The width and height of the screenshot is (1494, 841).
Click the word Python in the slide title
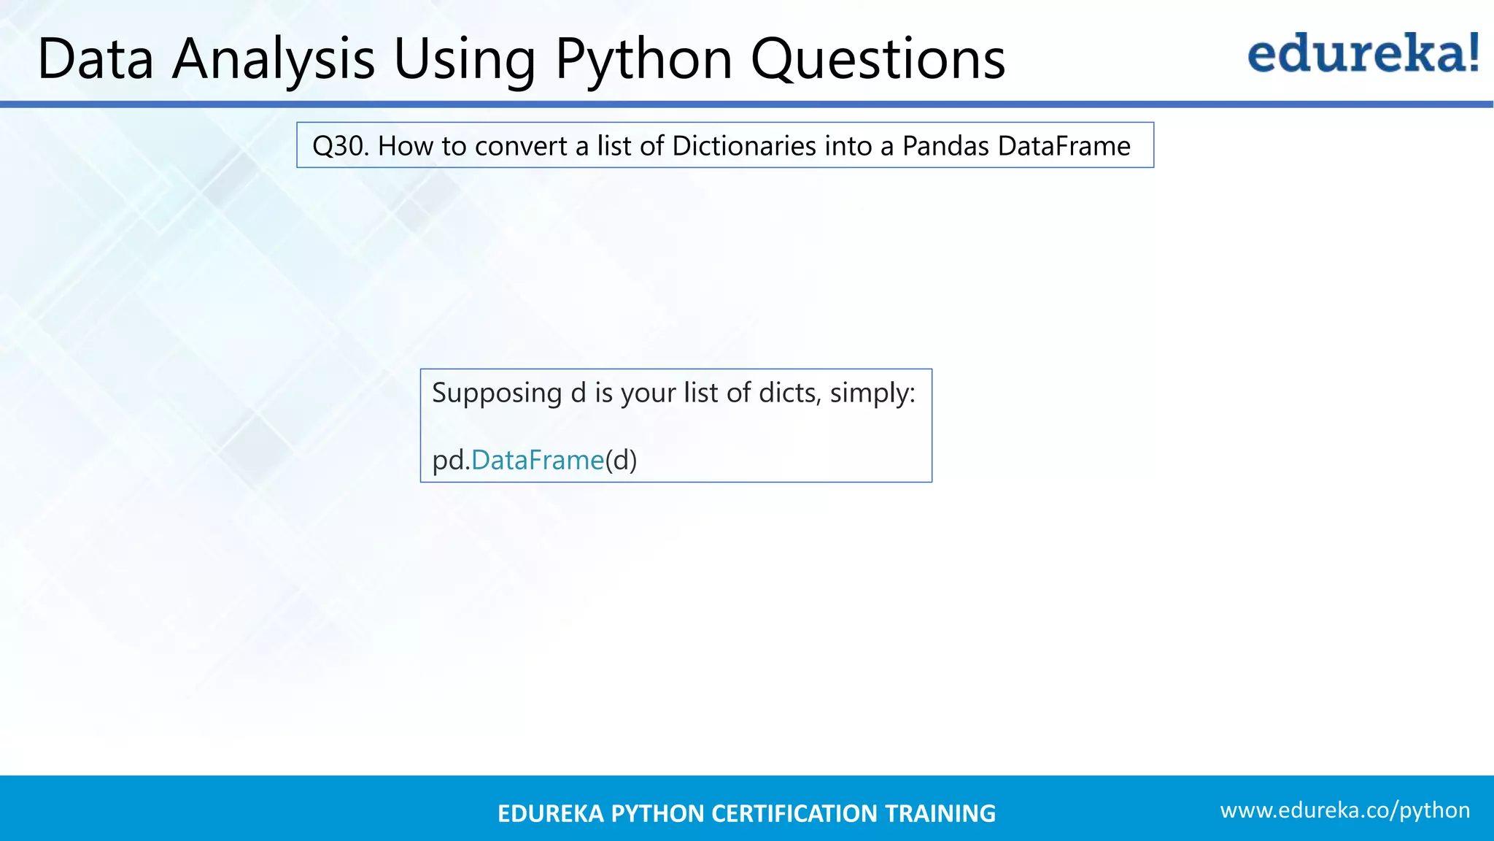(x=643, y=58)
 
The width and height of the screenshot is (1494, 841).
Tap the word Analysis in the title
(x=274, y=58)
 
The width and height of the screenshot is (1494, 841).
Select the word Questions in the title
(x=878, y=58)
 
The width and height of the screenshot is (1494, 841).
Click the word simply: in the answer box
(x=872, y=393)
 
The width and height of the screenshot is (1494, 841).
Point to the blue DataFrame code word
(x=538, y=460)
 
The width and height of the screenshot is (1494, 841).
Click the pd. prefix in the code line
(x=451, y=460)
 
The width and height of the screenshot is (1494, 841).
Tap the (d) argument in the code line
(x=621, y=460)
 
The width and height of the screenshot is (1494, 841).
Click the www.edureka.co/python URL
(x=1344, y=810)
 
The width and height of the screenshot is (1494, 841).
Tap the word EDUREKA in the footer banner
(x=550, y=813)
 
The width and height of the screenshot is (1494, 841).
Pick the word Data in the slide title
(x=96, y=58)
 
